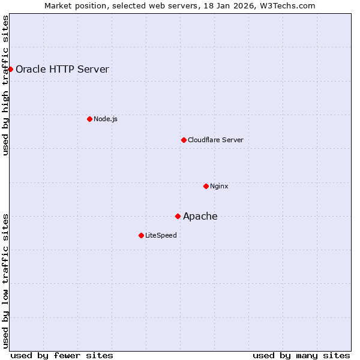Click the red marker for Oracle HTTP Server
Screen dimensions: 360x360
pyautogui.click(x=10, y=69)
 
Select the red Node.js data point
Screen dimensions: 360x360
pyautogui.click(x=89, y=119)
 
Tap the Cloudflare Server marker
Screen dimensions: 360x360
pyautogui.click(x=184, y=140)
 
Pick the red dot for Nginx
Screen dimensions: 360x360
pyautogui.click(x=206, y=186)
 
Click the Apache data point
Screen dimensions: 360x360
pyautogui.click(x=178, y=216)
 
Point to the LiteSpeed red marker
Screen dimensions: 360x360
pyautogui.click(x=141, y=235)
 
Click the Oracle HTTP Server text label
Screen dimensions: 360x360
pyautogui.click(x=62, y=69)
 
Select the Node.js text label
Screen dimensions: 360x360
pyautogui.click(x=106, y=119)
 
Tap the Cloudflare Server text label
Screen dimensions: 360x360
pyautogui.click(x=215, y=140)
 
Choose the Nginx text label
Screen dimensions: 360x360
pyautogui.click(x=219, y=186)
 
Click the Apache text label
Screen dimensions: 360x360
pyautogui.click(x=200, y=217)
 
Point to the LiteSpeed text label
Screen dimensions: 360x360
pyautogui.click(x=161, y=235)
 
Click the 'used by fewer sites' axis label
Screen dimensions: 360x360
pyautogui.click(x=62, y=355)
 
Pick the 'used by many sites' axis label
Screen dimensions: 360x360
pyautogui.click(x=301, y=355)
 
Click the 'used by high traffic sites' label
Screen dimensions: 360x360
pyautogui.click(x=5, y=85)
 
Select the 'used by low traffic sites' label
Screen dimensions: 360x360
pyautogui.click(x=5, y=281)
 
